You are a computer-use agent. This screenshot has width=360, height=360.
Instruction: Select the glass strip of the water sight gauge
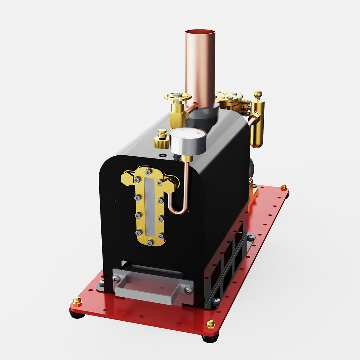(x=149, y=206)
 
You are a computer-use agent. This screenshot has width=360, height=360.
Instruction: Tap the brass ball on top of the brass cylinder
(x=258, y=94)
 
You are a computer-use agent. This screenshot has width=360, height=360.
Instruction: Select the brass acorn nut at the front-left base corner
(x=77, y=301)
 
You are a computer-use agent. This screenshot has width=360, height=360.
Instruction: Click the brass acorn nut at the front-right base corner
(x=210, y=324)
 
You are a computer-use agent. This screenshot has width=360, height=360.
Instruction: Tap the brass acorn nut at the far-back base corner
(x=283, y=187)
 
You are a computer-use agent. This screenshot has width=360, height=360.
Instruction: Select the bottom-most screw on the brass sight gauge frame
(x=150, y=242)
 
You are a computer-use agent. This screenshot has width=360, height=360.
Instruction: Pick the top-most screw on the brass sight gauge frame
(x=148, y=172)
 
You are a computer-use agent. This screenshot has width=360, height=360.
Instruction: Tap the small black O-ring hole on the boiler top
(x=162, y=155)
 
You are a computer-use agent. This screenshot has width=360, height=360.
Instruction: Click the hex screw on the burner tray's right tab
(x=188, y=290)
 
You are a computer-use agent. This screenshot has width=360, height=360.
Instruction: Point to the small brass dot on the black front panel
(x=117, y=201)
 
